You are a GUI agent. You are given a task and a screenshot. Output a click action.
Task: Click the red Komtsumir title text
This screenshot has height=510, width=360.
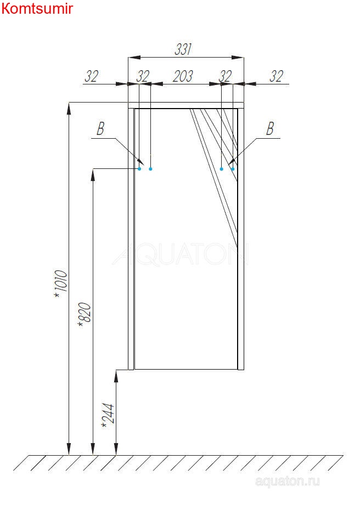click(x=37, y=8)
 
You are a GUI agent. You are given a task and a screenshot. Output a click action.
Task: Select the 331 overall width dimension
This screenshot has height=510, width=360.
click(x=183, y=49)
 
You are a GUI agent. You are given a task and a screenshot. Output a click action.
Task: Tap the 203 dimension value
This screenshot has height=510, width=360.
click(x=183, y=76)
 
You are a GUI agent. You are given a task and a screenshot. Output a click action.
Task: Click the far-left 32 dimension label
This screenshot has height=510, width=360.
click(x=92, y=76)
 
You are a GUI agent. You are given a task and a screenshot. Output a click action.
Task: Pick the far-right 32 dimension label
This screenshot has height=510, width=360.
click(x=277, y=76)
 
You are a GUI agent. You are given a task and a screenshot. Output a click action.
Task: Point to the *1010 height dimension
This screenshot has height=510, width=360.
click(x=61, y=283)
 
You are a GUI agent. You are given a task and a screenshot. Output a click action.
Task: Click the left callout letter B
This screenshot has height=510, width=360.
click(x=100, y=129)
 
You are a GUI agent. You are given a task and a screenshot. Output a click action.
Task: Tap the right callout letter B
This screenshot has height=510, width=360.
click(x=270, y=129)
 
